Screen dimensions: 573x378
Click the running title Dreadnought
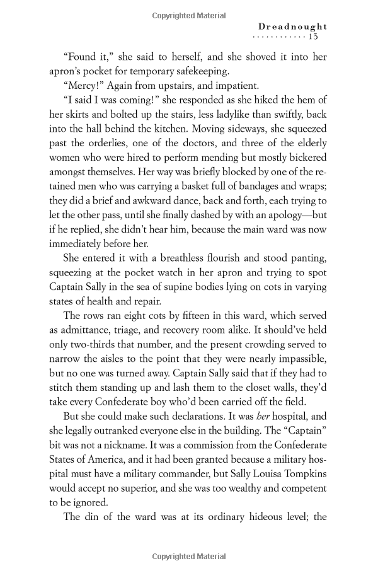293,26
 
